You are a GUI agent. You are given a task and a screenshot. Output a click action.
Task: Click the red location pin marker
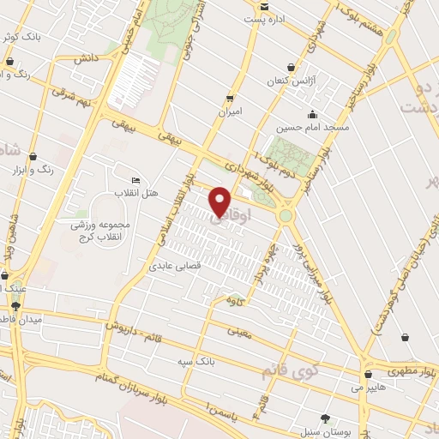click(220, 201)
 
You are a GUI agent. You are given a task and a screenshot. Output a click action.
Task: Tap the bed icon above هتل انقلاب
click(135, 180)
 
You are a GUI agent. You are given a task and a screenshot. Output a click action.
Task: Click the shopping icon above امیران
click(229, 98)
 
